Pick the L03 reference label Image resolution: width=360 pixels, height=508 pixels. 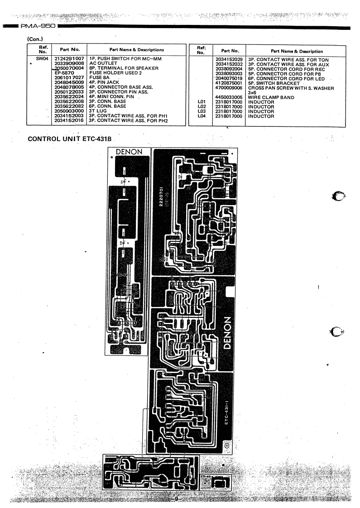pyautogui.click(x=202, y=111)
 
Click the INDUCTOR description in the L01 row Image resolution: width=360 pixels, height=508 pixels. pyautogui.click(x=261, y=102)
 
